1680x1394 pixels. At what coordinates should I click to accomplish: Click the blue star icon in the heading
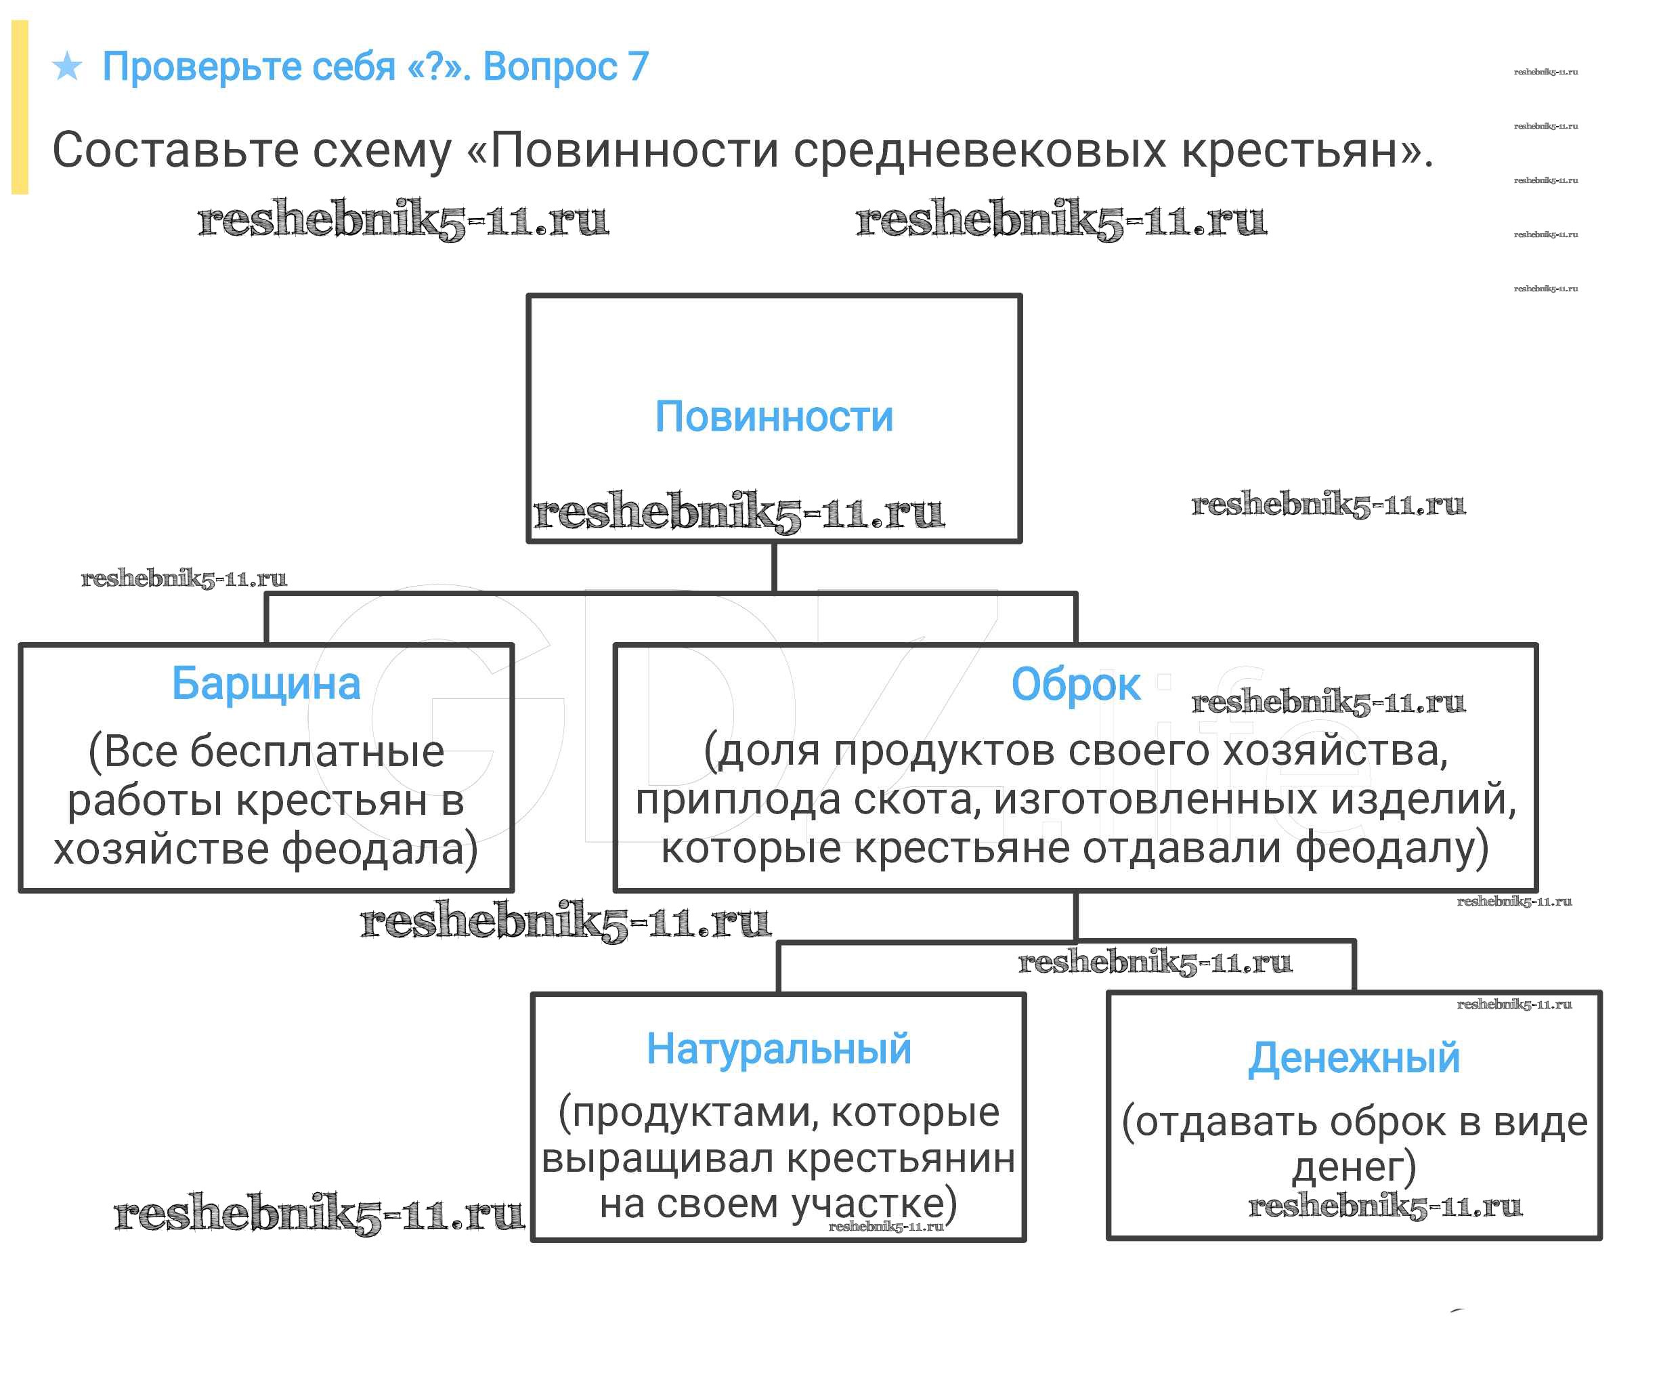pyautogui.click(x=67, y=66)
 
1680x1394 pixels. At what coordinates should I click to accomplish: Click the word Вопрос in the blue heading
pyautogui.click(x=550, y=66)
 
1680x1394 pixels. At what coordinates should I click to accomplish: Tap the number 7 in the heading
pyautogui.click(x=638, y=66)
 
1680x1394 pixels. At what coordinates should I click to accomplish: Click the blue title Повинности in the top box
pyautogui.click(x=773, y=417)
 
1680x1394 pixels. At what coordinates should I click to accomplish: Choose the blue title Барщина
pyautogui.click(x=265, y=684)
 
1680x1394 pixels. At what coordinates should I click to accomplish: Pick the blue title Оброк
pyautogui.click(x=1075, y=685)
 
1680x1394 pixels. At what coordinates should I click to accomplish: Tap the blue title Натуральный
pyautogui.click(x=779, y=1049)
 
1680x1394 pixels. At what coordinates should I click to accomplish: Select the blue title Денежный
pyautogui.click(x=1354, y=1059)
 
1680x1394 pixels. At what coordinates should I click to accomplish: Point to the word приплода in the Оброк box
pyautogui.click(x=737, y=799)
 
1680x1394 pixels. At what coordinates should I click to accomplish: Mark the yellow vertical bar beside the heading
pyautogui.click(x=20, y=107)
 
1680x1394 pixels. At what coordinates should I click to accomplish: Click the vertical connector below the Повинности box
pyautogui.click(x=773, y=568)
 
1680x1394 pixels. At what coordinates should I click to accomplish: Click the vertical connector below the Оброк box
pyautogui.click(x=1075, y=917)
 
